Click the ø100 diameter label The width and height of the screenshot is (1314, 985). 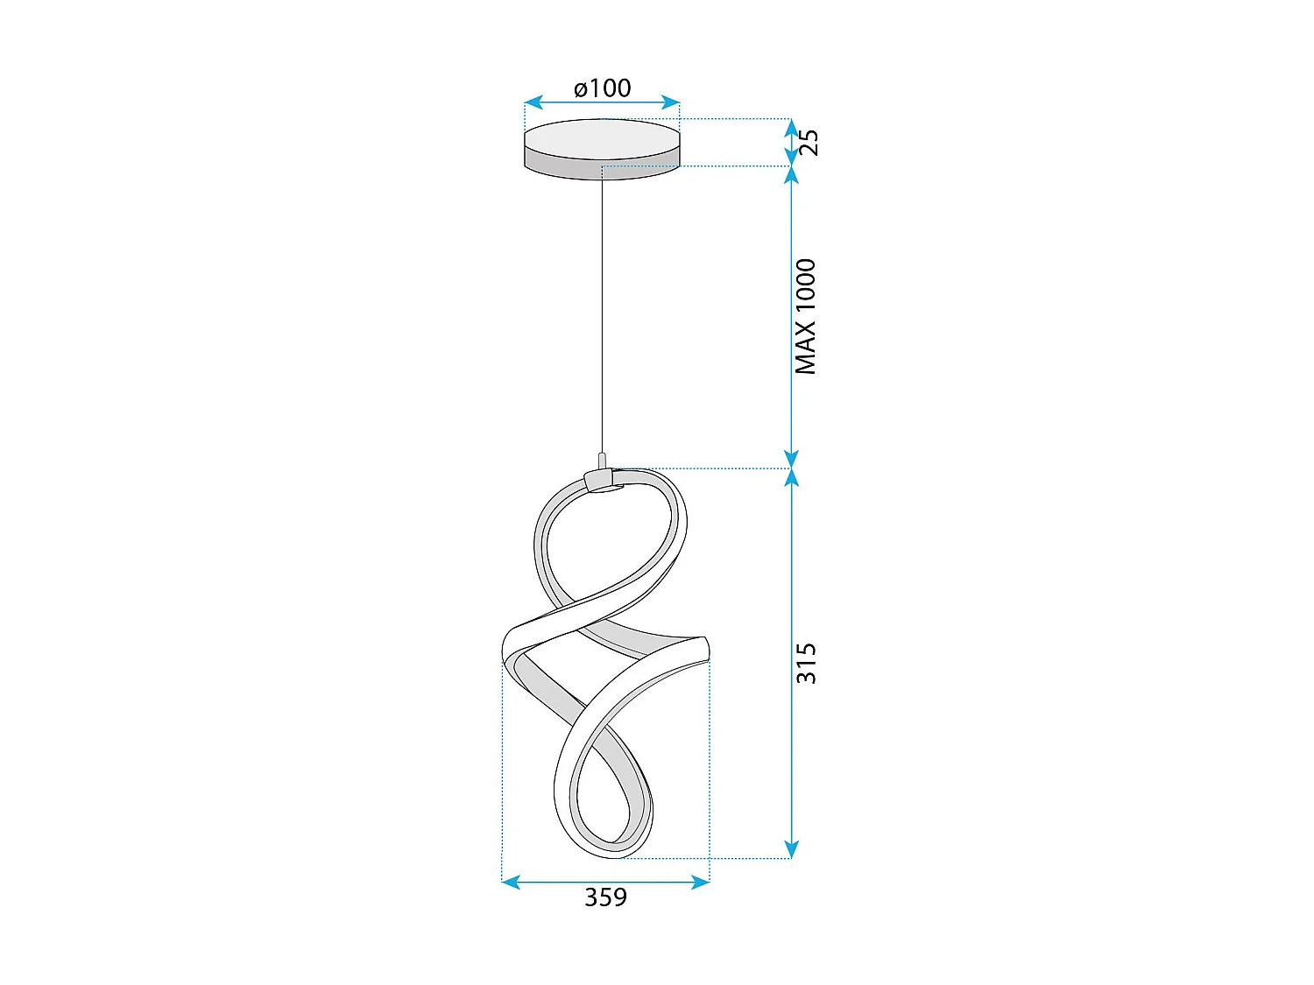click(x=603, y=88)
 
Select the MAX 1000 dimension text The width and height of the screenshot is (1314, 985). click(x=806, y=317)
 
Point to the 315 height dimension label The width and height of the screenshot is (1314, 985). click(x=806, y=663)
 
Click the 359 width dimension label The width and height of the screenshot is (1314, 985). click(x=605, y=897)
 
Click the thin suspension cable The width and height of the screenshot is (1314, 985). click(x=602, y=315)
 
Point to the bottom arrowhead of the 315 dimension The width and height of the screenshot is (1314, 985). click(x=792, y=849)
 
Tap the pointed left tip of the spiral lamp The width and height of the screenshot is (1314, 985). click(x=504, y=651)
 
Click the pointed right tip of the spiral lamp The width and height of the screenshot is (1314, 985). click(x=705, y=649)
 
